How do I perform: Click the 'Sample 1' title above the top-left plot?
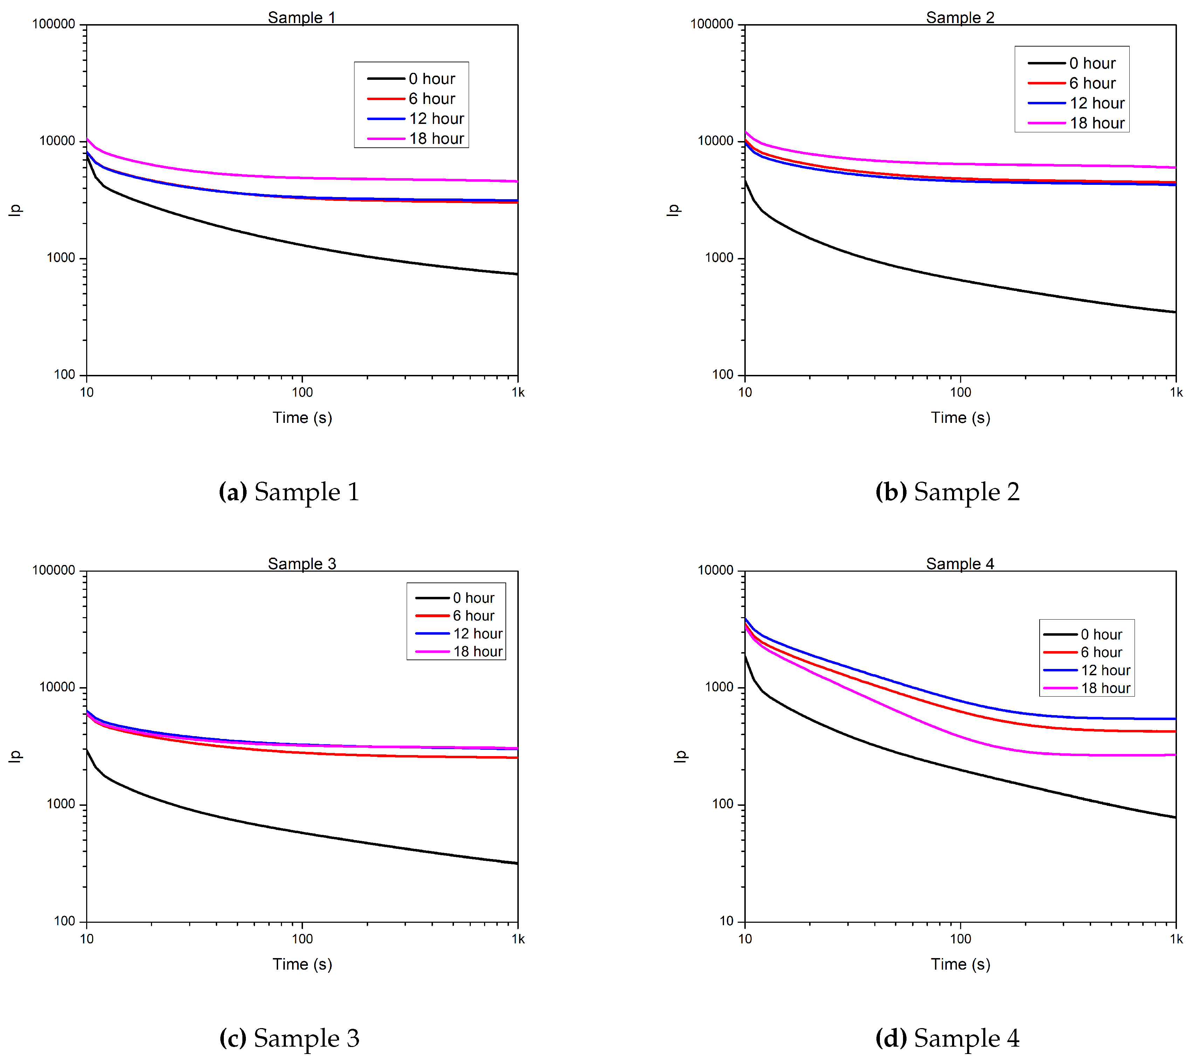click(302, 18)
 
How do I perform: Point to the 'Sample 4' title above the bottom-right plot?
click(960, 564)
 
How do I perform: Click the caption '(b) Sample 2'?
click(948, 491)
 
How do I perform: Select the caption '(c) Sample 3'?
click(289, 1038)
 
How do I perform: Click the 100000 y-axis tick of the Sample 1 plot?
click(54, 25)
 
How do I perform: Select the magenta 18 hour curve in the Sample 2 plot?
click(960, 163)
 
